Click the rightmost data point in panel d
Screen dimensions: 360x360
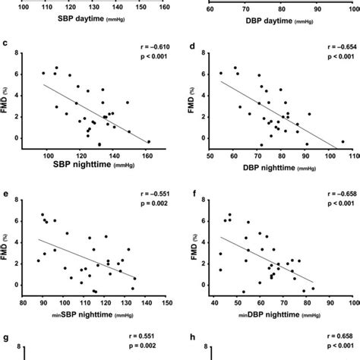click(342, 141)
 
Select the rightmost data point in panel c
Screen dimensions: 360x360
click(148, 141)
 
